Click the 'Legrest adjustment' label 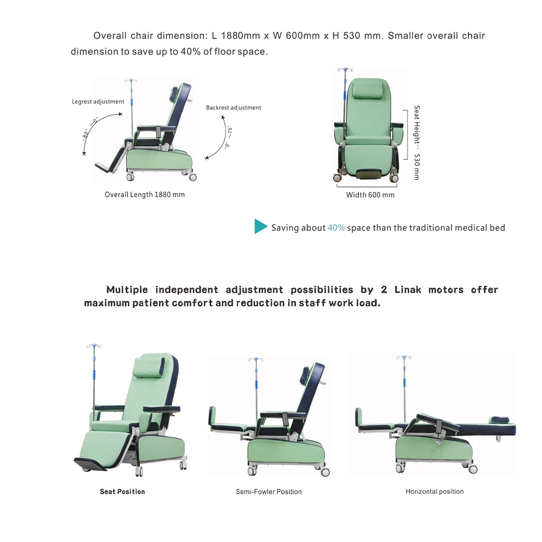click(x=98, y=101)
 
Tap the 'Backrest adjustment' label click(x=233, y=108)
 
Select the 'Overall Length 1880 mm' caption click(x=144, y=195)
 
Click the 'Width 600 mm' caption click(x=370, y=195)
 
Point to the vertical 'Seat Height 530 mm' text click(x=417, y=143)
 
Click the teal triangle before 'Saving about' click(x=260, y=227)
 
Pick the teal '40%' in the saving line click(x=336, y=228)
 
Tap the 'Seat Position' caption click(x=122, y=492)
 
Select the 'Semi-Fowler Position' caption click(x=268, y=492)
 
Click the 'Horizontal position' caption click(x=434, y=492)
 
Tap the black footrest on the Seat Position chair click(x=91, y=463)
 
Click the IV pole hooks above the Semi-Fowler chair click(x=256, y=359)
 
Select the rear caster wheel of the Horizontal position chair click(x=473, y=469)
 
